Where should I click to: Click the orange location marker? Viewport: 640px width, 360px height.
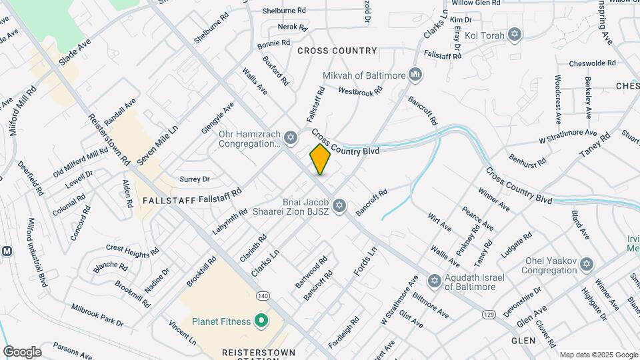click(320, 159)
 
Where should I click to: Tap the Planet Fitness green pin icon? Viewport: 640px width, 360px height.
click(261, 321)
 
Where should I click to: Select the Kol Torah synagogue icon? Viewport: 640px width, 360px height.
click(514, 34)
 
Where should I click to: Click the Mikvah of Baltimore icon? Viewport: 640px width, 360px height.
click(415, 73)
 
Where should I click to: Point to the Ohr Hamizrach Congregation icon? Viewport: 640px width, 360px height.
click(289, 138)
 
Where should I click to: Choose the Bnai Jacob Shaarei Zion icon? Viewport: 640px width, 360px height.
click(339, 205)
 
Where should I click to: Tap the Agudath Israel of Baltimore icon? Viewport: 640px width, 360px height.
click(433, 281)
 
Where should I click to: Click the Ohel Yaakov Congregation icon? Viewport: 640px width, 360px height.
click(587, 265)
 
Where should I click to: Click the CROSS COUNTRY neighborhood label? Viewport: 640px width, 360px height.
click(337, 51)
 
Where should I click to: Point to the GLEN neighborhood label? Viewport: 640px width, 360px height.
click(523, 340)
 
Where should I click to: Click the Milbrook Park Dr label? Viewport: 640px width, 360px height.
click(97, 315)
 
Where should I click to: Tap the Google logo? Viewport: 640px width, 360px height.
click(22, 351)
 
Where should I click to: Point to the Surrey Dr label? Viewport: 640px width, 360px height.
click(195, 179)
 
